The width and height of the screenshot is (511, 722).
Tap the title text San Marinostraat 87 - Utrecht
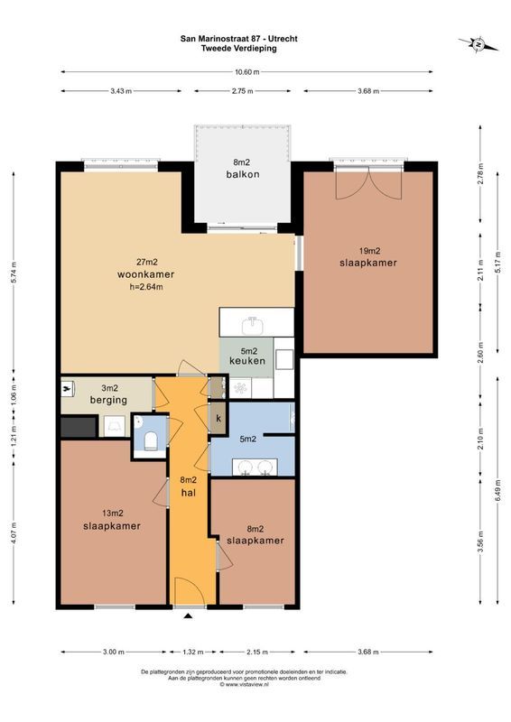coord(238,39)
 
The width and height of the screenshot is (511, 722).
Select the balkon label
coord(239,174)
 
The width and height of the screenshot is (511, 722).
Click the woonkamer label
coord(145,274)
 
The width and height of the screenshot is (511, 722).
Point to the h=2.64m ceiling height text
coord(145,287)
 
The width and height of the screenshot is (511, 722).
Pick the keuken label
coord(247,361)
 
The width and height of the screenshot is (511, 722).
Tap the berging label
coord(107,399)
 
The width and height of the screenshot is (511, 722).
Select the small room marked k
coord(218,419)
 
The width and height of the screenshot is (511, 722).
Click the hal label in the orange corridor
coord(189,493)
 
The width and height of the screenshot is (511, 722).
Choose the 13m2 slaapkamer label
coord(111,526)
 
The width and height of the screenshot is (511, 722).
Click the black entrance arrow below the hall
coord(188,617)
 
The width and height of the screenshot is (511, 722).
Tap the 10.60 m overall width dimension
coord(242,71)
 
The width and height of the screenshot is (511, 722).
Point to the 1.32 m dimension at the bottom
coord(188,652)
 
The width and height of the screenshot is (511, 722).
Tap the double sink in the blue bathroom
coord(254,467)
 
